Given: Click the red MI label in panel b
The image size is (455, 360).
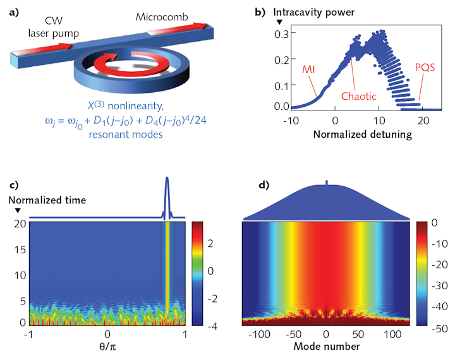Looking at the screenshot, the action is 308,69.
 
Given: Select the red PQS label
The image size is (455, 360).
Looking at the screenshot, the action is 425,68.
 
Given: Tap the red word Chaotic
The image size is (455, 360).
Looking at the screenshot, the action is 358,96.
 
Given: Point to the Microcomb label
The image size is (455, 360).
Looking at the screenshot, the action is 162,17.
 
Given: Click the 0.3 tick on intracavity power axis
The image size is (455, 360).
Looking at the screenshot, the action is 281,34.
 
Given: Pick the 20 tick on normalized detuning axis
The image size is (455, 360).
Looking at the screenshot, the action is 423,121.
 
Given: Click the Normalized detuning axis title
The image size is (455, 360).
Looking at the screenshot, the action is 363,135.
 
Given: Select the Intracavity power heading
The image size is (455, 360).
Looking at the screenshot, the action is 313,12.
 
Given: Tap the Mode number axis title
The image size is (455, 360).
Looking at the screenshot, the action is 327,346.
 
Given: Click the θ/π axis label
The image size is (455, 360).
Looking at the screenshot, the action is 107,346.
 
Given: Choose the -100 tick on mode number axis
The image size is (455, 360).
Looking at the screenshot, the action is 259,334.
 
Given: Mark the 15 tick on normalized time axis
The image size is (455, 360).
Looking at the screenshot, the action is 20,249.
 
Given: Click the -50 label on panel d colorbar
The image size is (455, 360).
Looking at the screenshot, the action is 439,328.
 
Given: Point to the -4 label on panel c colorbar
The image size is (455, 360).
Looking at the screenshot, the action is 212,327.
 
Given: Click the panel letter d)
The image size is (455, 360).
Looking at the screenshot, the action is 264,185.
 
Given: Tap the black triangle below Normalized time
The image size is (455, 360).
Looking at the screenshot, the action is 18,210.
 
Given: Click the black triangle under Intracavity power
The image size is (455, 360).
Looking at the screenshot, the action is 279,22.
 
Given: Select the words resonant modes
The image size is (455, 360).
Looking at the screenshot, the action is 126,135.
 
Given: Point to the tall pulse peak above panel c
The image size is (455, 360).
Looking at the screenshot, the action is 167,178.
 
